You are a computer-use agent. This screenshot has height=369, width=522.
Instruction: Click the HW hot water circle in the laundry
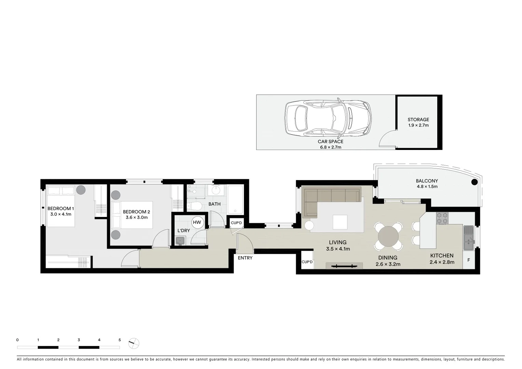[197, 222]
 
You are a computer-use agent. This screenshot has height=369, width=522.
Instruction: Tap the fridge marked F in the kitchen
[469, 260]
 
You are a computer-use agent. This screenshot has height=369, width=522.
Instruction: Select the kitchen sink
[468, 238]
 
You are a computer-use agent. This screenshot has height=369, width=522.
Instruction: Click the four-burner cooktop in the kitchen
[442, 218]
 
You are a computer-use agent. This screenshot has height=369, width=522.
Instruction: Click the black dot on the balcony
[474, 182]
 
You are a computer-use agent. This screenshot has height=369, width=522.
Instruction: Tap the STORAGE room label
[418, 120]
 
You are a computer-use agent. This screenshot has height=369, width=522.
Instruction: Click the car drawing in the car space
[328, 117]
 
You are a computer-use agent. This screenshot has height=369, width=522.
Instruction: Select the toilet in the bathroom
[195, 206]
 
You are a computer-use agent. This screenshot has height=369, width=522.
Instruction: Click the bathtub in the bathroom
[235, 200]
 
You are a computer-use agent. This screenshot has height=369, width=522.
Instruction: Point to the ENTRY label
[245, 258]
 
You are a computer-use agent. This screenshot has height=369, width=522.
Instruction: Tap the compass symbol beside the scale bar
[134, 343]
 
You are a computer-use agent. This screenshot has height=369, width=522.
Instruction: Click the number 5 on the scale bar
[120, 340]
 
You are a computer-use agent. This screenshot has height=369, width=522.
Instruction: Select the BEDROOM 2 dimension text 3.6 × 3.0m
[137, 217]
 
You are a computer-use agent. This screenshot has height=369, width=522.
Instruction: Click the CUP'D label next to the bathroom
[236, 223]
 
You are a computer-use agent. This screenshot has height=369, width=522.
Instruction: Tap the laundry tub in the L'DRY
[180, 241]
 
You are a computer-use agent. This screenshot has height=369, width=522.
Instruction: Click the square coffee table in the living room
[340, 222]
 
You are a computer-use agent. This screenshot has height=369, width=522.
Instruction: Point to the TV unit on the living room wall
[344, 266]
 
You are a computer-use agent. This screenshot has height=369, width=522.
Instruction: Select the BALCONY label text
[427, 181]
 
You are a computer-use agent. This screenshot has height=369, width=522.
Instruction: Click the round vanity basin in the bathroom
[216, 190]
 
